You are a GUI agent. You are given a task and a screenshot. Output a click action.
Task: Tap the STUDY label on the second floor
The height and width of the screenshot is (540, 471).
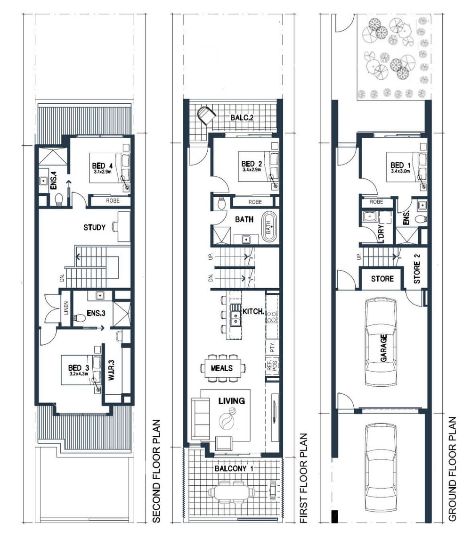point(94,227)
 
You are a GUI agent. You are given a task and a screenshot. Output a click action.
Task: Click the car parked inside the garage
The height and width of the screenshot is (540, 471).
point(382,347)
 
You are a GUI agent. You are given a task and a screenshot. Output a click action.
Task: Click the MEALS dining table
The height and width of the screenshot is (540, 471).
point(222,368)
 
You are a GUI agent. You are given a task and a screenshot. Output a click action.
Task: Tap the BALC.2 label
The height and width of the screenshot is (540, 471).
point(242,117)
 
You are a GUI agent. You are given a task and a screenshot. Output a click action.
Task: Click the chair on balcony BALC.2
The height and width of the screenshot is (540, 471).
point(206,115)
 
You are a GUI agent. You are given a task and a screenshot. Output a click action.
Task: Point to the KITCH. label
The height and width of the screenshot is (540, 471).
point(252,312)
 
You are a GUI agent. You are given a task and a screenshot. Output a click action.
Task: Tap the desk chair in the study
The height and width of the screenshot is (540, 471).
point(114,227)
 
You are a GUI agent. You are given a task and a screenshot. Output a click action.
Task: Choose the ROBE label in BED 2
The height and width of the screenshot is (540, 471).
point(255,202)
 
